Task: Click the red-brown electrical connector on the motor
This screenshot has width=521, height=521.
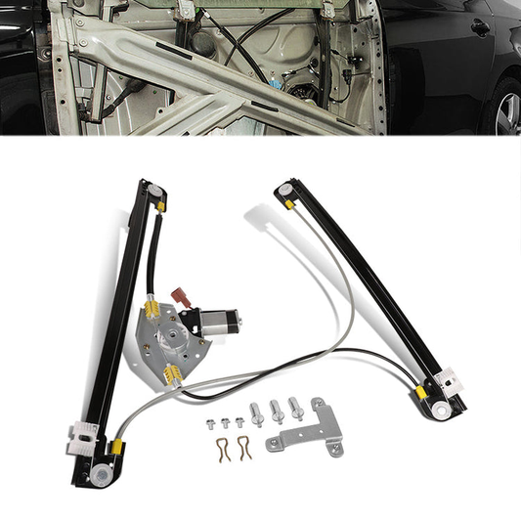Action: coord(180,294)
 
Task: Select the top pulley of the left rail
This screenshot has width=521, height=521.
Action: coord(148,187)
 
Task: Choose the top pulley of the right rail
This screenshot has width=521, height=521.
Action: coord(282,187)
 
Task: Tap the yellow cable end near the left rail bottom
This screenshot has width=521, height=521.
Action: coord(116,449)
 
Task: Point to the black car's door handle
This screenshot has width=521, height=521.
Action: coord(480,27)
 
